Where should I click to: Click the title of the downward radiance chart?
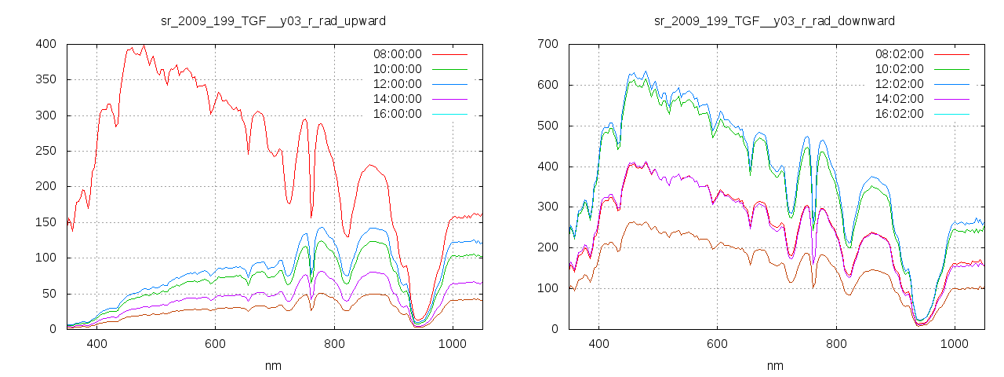coord(774,20)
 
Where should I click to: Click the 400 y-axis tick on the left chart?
coord(45,44)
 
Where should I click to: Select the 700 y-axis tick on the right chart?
coord(547,44)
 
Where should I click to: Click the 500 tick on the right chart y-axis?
coord(547,126)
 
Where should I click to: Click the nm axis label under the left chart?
coord(274,366)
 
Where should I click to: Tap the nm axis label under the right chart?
coord(774,366)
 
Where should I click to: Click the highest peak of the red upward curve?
coord(144,46)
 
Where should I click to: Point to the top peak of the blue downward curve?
coord(646,71)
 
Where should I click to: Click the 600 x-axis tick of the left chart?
coord(216,344)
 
